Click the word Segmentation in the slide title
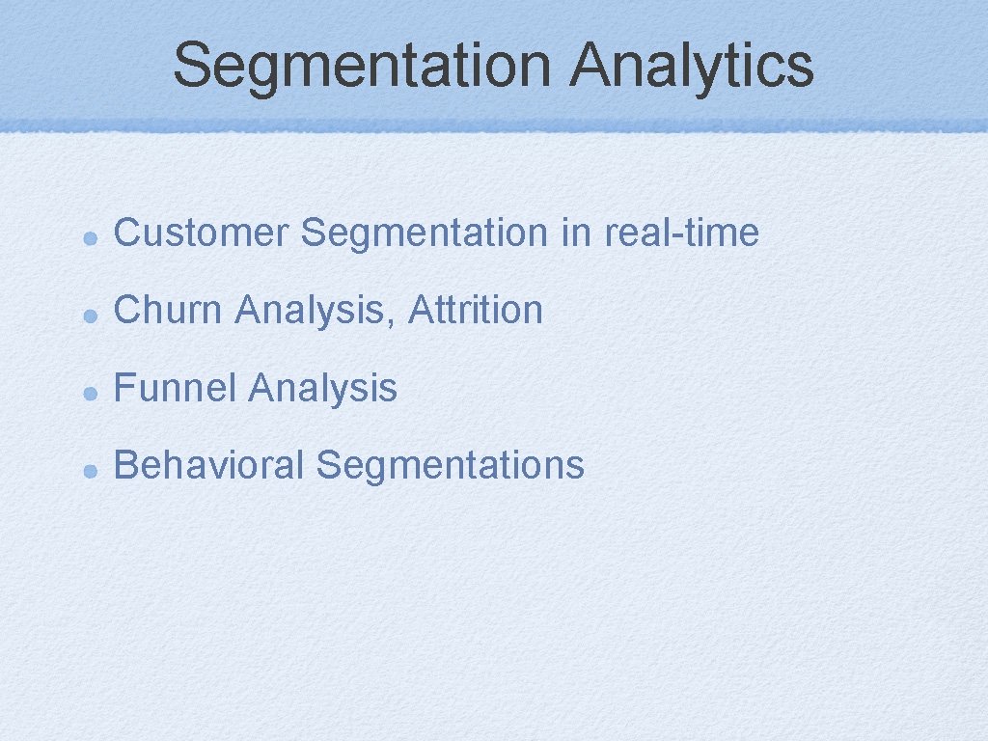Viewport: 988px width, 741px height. [363, 66]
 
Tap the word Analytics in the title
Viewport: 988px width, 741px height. [692, 66]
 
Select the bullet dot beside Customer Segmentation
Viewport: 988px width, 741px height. [88, 235]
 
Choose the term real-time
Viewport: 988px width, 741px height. [681, 233]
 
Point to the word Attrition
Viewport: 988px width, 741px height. [476, 311]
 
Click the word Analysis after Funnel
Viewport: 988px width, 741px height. [322, 388]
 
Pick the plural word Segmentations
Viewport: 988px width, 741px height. [450, 465]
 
